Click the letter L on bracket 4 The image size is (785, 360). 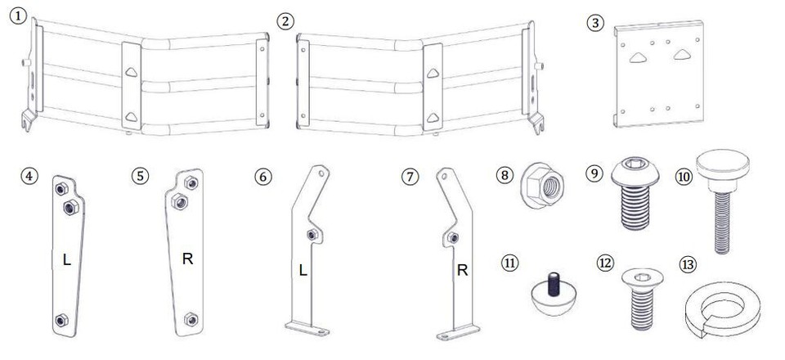pyautogui.click(x=66, y=260)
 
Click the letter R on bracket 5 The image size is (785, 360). pyautogui.click(x=188, y=260)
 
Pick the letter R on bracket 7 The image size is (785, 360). pyautogui.click(x=462, y=269)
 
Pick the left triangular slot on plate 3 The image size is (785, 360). pyautogui.click(x=637, y=57)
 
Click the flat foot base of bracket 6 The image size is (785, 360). pyautogui.click(x=309, y=329)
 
